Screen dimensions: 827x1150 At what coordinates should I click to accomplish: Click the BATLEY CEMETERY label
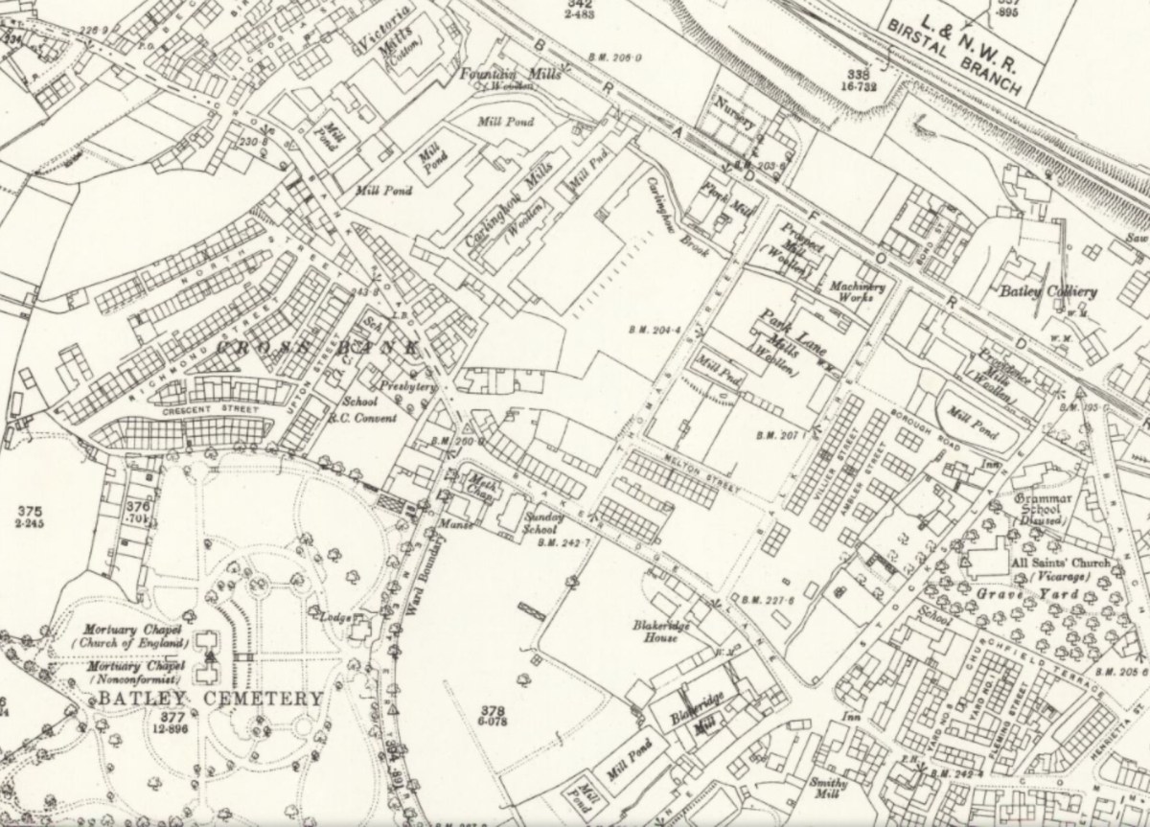(x=209, y=699)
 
